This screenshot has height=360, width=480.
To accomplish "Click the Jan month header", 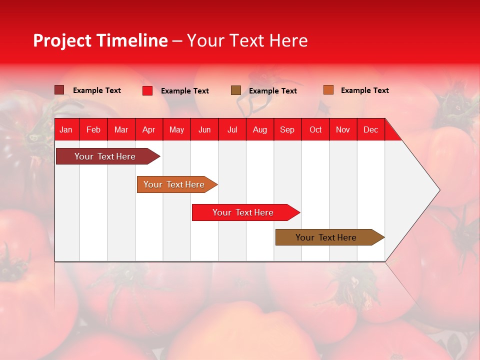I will (66, 130).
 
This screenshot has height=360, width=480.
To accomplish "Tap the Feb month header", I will (93, 130).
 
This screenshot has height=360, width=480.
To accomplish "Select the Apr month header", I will (149, 130).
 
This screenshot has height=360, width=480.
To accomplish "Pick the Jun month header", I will (204, 130).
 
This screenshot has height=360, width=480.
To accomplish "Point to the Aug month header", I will (260, 130).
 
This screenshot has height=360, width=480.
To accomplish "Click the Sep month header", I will (287, 130).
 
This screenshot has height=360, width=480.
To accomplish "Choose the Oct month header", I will (315, 130).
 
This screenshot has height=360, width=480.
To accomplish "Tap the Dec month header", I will (371, 130).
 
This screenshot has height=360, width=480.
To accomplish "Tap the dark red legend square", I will (59, 90).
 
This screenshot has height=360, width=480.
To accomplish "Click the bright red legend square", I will (147, 90).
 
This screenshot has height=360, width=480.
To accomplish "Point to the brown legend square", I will (236, 90).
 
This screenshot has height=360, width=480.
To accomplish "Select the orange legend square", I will (328, 90).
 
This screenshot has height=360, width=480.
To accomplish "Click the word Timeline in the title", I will (132, 40).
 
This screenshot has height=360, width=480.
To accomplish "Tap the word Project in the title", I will (62, 40).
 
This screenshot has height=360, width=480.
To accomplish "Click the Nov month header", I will (343, 130).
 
